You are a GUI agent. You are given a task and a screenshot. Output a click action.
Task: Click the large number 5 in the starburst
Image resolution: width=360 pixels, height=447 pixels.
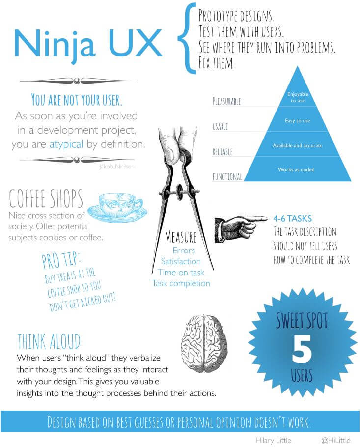[x=302, y=349]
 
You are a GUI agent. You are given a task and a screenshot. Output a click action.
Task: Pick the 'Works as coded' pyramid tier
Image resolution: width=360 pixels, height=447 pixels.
[x=297, y=169]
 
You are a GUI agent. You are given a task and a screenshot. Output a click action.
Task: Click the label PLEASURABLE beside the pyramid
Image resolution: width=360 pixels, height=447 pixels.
[x=226, y=101]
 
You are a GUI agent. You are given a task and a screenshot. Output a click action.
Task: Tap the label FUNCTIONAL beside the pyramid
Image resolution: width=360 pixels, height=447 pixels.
[x=227, y=176]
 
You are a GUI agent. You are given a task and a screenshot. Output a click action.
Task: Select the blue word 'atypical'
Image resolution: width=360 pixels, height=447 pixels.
[x=66, y=144]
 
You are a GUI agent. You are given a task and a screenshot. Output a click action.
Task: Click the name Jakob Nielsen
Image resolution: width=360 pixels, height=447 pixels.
[x=116, y=166]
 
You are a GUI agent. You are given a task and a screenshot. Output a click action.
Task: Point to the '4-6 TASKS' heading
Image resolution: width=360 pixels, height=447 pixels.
[x=292, y=219]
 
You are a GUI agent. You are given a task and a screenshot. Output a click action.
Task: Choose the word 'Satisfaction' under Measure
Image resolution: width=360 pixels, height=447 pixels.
[x=181, y=261]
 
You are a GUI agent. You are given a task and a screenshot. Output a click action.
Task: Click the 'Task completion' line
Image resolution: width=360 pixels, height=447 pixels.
[x=181, y=283]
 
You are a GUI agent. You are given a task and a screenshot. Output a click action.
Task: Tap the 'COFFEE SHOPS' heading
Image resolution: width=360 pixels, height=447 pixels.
[x=46, y=198]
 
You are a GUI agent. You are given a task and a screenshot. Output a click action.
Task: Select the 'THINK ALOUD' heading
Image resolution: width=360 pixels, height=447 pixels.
[x=49, y=341]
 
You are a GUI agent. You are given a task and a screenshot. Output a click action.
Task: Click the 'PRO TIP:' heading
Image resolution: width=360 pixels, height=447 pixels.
[x=61, y=260]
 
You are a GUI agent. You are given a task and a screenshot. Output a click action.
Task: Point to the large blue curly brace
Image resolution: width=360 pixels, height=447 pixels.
[x=187, y=38]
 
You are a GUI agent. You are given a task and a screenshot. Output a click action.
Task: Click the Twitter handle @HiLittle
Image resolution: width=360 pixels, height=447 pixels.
[x=336, y=441]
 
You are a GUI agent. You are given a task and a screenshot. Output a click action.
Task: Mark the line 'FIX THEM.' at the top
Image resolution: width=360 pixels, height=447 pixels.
[x=217, y=63]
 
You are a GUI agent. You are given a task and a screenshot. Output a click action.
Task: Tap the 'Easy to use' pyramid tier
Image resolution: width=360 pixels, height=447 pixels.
[x=298, y=120]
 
